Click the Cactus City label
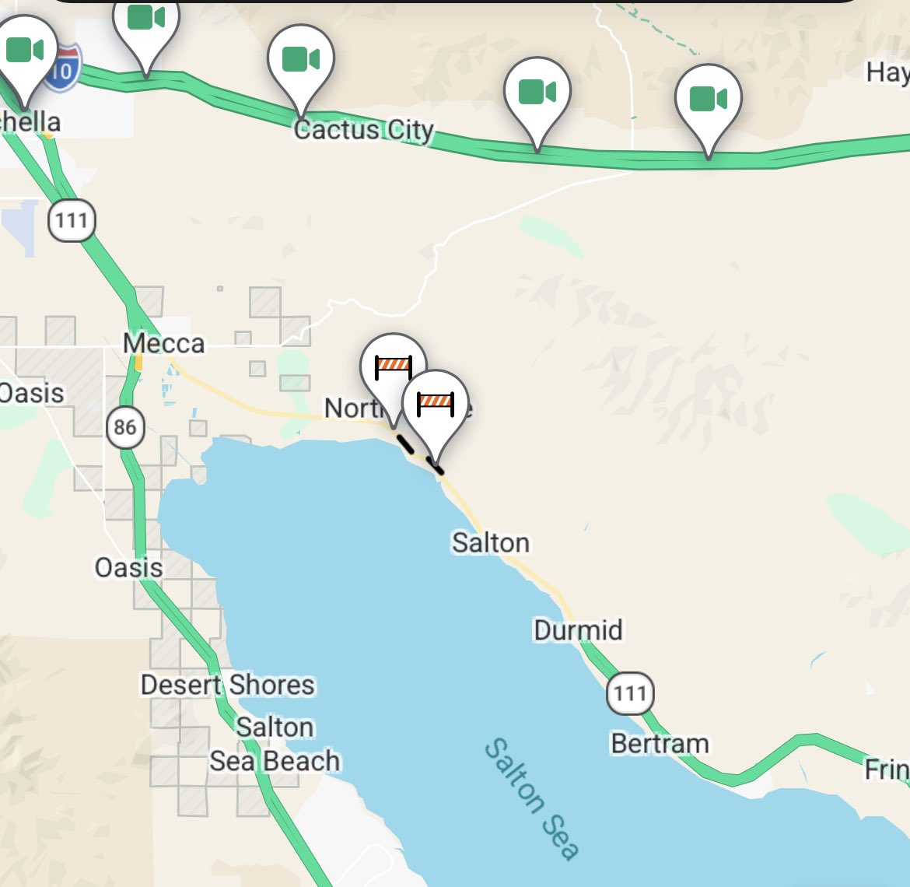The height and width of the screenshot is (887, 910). pos(363,130)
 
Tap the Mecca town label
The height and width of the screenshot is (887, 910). pos(164,343)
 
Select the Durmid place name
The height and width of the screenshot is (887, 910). pos(578,629)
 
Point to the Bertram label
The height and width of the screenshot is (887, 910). pos(660,744)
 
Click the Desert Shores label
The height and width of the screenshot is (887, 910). pos(228,685)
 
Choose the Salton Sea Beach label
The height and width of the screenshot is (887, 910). pos(275,745)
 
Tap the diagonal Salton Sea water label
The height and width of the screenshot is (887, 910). pos(532,799)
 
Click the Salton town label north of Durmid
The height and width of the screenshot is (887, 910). pos(491,542)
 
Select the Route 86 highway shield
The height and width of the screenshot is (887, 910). pos(124,427)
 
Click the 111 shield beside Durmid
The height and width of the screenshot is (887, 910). pos(631,693)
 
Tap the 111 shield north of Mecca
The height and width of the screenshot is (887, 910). pos(72,220)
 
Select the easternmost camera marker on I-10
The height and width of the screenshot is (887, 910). pos(708,100)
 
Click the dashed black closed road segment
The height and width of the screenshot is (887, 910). pos(418,454)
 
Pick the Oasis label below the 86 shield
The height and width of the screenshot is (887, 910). pos(128,567)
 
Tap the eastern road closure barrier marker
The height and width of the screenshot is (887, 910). pos(436,403)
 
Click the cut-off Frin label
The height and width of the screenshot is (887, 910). pos(887,770)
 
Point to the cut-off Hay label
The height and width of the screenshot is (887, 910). pos(887,72)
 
